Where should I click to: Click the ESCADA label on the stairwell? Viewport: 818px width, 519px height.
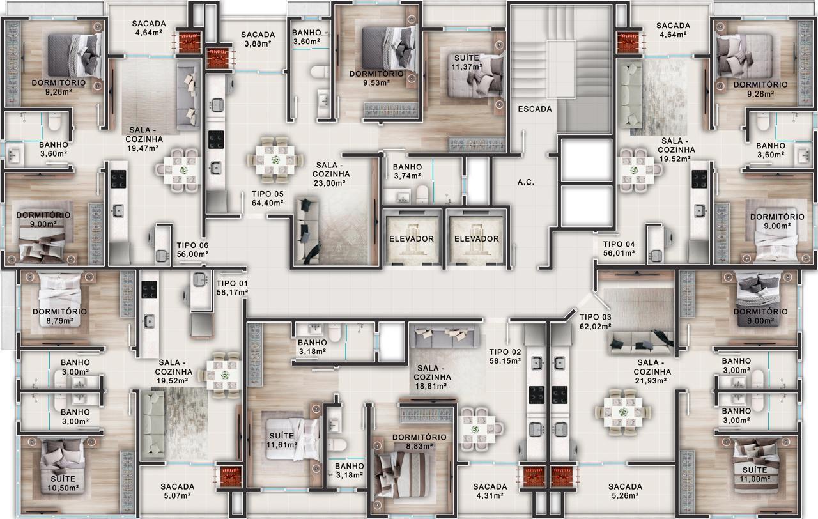[x=535, y=109]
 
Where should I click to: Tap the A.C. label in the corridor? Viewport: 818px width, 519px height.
[x=526, y=182]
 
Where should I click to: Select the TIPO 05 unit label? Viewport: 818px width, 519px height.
[x=268, y=194]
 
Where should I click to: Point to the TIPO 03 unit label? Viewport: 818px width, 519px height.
[x=595, y=317]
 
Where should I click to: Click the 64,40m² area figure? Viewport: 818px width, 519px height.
[x=268, y=203]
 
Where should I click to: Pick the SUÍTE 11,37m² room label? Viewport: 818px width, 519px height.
[x=467, y=63]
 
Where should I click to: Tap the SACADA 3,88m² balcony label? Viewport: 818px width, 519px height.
[x=258, y=39]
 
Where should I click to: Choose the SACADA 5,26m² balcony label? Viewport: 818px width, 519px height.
[x=625, y=491]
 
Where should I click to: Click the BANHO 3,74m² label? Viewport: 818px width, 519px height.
[x=408, y=171]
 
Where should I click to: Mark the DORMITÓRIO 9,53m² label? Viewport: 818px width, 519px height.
[x=376, y=78]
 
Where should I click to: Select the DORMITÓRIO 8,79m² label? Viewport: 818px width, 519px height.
[x=60, y=316]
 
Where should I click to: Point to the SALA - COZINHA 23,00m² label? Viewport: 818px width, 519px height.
[x=331, y=174]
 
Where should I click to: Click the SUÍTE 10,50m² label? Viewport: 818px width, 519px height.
[x=63, y=483]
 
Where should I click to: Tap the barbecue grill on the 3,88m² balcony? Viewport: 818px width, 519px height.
[x=218, y=58]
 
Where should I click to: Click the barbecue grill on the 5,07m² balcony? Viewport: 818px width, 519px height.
[x=229, y=476]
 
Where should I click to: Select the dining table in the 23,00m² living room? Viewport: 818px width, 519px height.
[x=275, y=160]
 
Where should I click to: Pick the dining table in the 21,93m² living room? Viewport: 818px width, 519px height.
[x=623, y=412]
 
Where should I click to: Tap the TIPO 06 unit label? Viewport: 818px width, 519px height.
[x=192, y=245]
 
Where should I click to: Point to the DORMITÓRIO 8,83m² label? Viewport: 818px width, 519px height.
[x=419, y=442]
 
